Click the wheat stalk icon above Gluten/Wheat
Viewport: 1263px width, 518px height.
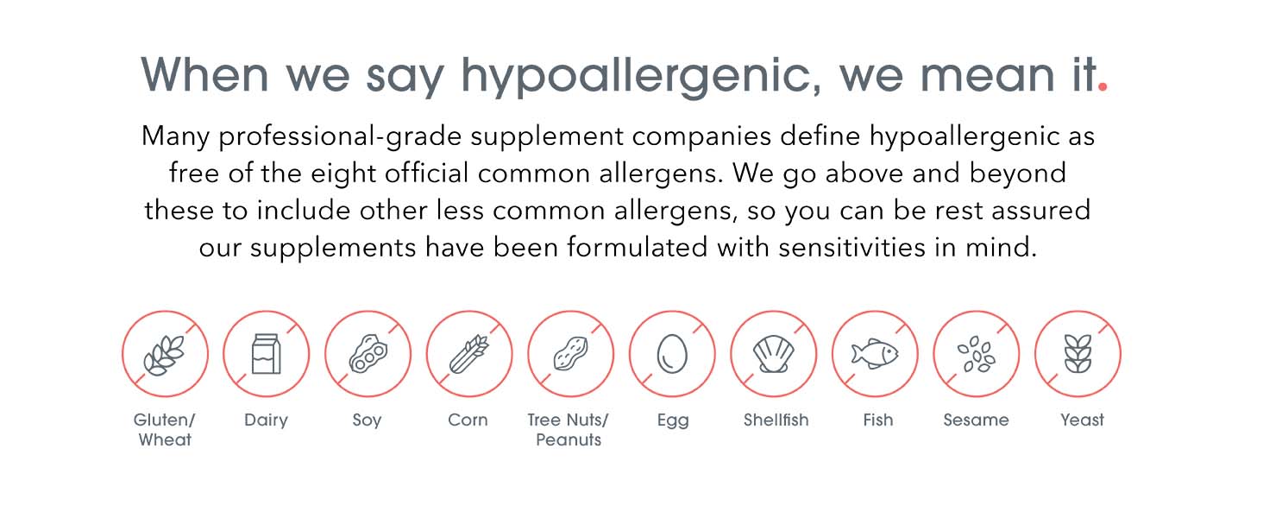[164, 355]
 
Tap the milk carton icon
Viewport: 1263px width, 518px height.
[266, 354]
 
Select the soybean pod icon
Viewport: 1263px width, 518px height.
[368, 354]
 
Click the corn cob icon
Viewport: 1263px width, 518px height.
[469, 354]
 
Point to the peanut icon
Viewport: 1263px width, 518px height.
[570, 354]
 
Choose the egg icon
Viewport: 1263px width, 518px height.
[672, 354]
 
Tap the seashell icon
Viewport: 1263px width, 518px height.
[774, 354]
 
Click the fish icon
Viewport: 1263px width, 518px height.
[875, 354]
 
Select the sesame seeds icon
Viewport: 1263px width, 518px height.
[977, 354]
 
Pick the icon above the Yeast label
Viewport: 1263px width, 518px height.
[1078, 354]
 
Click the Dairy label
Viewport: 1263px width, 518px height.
[266, 420]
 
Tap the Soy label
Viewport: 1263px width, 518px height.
[367, 420]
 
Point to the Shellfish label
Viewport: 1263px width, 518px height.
[776, 420]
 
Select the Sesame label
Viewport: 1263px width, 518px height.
[976, 420]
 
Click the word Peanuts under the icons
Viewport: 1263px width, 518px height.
[569, 439]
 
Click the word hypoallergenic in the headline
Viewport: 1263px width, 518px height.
[641, 76]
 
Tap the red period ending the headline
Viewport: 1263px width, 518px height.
[1103, 86]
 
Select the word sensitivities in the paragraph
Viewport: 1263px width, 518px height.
[852, 247]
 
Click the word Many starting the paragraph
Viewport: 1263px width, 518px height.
[175, 137]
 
